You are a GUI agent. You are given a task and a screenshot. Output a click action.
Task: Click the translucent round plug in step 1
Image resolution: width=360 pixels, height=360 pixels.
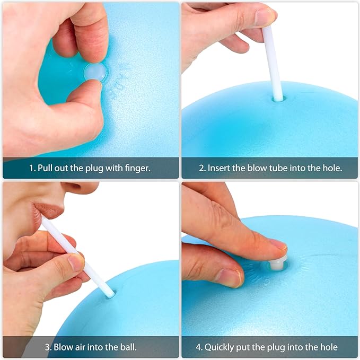(x=95, y=72)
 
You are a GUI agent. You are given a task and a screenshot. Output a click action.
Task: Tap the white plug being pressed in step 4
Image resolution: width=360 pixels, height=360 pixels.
(x=278, y=264)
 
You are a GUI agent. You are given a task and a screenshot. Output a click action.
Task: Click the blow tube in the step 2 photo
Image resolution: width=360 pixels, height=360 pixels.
(x=273, y=64)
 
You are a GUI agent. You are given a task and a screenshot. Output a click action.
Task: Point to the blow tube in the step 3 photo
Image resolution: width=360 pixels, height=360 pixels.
(x=78, y=257)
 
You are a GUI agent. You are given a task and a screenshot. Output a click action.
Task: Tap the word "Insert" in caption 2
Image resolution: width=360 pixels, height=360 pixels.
(x=219, y=168)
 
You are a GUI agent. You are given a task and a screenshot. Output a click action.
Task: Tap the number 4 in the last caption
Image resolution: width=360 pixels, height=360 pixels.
(x=198, y=347)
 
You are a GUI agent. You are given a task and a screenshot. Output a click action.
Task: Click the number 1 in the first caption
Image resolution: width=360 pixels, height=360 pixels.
(x=31, y=168)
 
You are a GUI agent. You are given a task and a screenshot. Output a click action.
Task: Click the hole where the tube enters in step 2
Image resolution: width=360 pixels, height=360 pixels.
(x=278, y=99)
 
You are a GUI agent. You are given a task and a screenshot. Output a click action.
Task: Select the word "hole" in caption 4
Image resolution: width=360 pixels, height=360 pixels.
(x=329, y=347)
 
